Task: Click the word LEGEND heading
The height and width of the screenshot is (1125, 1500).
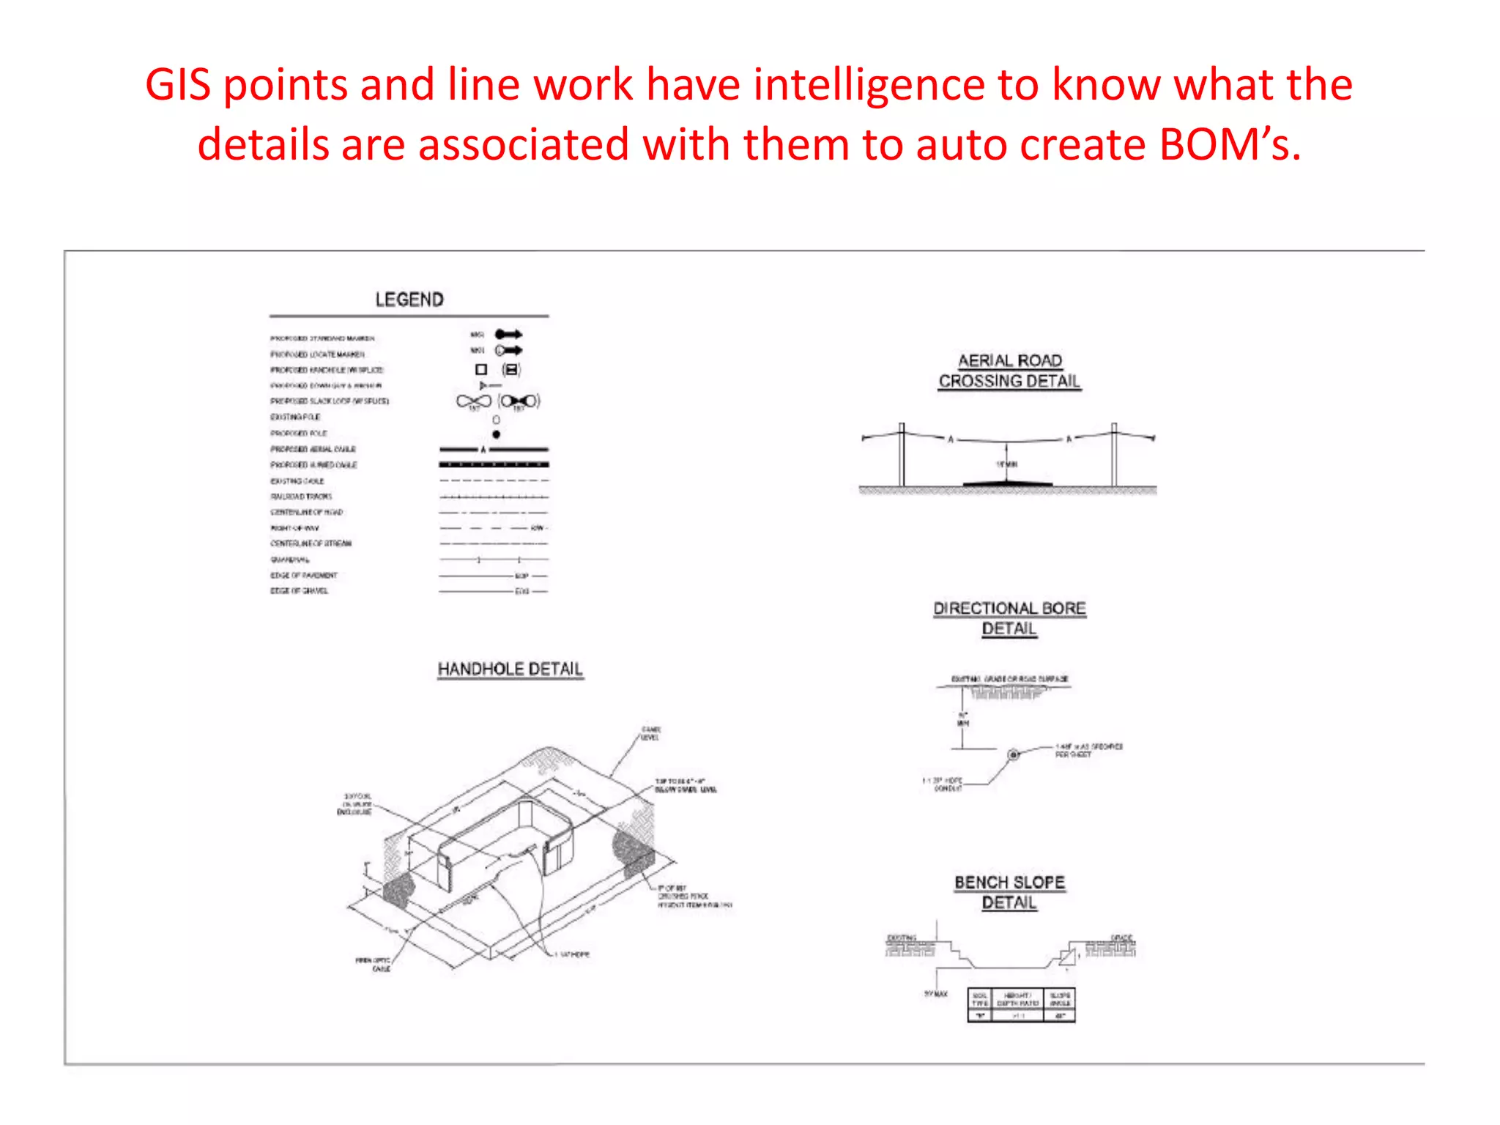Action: [x=409, y=300]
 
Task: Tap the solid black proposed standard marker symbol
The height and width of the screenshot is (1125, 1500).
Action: [x=508, y=334]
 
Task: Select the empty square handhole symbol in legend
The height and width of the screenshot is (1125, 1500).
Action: [x=481, y=370]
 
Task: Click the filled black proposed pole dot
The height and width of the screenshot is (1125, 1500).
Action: [x=497, y=434]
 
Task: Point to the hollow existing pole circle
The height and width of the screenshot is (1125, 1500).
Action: [x=497, y=420]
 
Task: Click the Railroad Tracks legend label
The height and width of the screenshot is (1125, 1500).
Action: [x=301, y=497]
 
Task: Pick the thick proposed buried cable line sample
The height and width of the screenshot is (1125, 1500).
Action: [x=494, y=464]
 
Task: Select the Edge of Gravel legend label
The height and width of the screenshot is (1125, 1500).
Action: [x=300, y=590]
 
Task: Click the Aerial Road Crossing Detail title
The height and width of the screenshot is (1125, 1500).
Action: [x=1009, y=371]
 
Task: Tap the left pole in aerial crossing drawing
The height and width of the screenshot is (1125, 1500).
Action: [x=902, y=454]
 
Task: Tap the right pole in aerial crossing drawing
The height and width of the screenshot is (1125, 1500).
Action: [x=1114, y=454]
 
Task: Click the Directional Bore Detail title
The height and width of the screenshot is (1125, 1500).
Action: [x=1009, y=618]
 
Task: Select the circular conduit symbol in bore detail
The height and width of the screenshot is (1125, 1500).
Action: [x=1014, y=754]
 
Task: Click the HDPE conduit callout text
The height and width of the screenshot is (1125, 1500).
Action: [x=944, y=784]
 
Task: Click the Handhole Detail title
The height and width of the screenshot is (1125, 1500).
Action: [x=510, y=669]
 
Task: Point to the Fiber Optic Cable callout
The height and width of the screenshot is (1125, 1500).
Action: [x=374, y=964]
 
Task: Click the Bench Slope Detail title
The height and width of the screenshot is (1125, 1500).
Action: [x=1009, y=892]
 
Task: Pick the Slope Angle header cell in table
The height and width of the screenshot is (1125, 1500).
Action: [x=1060, y=999]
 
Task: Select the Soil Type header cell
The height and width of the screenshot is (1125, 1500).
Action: [x=980, y=999]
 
